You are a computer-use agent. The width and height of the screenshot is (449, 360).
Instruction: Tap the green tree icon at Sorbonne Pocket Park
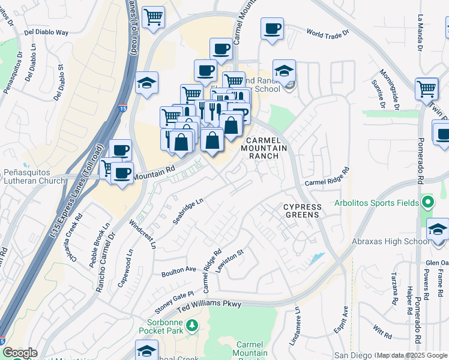(192, 326)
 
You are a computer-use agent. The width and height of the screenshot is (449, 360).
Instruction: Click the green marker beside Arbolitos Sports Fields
(427, 202)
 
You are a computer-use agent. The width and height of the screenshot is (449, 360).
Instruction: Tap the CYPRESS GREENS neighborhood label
(303, 211)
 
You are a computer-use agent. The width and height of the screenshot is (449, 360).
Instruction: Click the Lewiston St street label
(231, 259)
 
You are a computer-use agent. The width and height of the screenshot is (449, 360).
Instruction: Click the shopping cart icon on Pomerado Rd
(426, 89)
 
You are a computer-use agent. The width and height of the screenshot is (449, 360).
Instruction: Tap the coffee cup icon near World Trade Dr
(272, 28)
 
